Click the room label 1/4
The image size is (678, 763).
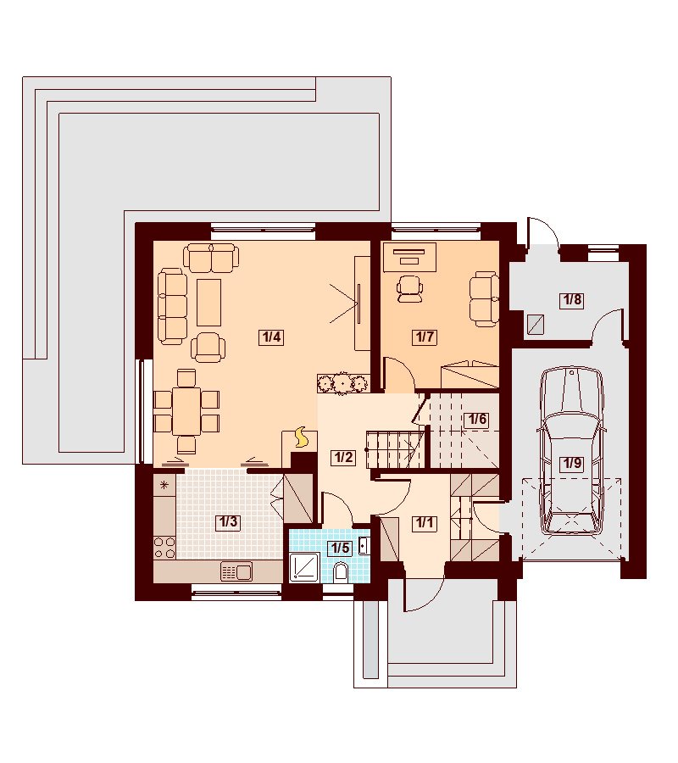271,337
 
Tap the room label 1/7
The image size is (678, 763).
425,337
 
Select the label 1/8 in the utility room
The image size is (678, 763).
572,299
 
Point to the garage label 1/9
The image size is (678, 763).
572,463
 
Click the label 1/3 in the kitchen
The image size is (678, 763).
228,522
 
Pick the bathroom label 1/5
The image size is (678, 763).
341,548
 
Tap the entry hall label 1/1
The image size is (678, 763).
424,523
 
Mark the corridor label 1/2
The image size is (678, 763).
342,458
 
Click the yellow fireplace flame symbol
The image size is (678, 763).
302,437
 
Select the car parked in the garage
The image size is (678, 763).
572,451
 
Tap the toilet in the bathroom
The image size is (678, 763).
342,571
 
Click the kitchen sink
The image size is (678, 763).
236,571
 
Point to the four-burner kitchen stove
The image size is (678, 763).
164,547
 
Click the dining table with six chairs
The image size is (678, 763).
186,410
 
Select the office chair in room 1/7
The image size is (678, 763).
409,288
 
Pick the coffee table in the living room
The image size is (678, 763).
208,302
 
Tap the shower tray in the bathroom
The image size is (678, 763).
304,567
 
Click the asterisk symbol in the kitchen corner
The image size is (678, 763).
164,485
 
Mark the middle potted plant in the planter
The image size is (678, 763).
343,383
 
